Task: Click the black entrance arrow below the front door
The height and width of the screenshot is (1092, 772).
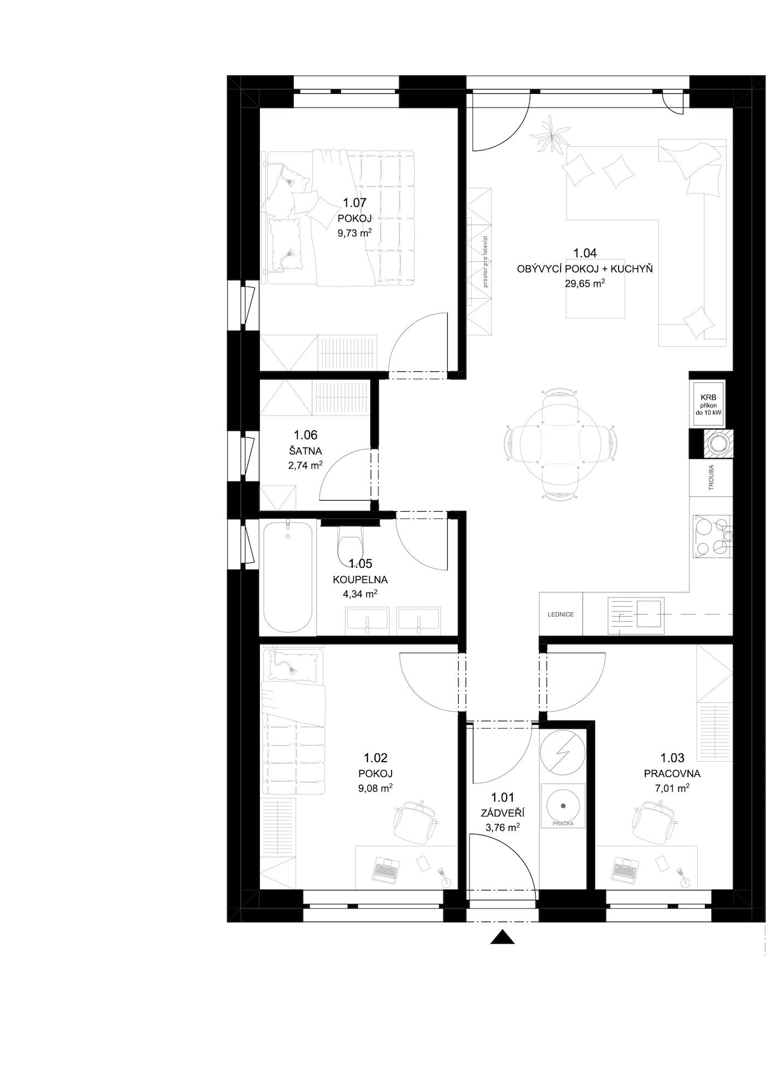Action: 502,937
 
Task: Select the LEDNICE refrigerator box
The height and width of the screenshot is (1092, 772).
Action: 561,614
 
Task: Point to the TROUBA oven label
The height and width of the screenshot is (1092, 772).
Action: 711,477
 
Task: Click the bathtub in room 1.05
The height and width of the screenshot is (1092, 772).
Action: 289,577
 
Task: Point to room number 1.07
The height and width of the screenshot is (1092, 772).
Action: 354,203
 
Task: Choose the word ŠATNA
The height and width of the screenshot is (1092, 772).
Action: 305,451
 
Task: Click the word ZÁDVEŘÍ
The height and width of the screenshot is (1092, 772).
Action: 502,813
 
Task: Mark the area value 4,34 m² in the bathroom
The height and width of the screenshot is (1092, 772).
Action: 360,594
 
